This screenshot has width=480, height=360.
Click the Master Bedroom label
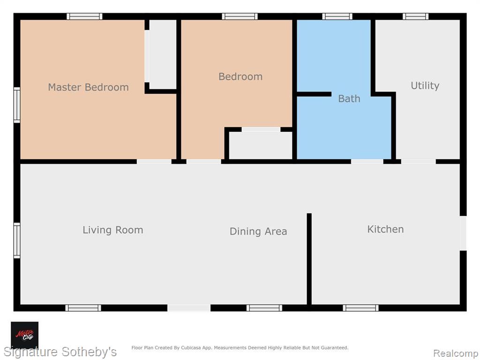(88, 87)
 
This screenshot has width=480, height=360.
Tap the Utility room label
(425, 86)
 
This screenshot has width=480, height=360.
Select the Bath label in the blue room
(349, 98)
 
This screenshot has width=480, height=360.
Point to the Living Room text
(112, 230)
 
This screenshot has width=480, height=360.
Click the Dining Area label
(258, 231)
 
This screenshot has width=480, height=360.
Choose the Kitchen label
(385, 229)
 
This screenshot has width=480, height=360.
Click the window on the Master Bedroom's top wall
(84, 16)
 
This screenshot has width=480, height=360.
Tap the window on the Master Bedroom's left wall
(17, 105)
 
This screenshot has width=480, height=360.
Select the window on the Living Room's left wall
(17, 240)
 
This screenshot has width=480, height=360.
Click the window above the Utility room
(415, 16)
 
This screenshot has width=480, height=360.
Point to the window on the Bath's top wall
(337, 16)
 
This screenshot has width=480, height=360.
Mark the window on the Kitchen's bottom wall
(360, 307)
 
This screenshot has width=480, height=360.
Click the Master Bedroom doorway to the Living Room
(154, 162)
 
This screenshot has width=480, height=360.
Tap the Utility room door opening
(419, 162)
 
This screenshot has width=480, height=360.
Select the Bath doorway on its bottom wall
(367, 162)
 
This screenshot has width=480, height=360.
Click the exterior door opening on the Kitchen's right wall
(463, 233)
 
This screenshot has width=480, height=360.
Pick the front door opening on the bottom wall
(189, 307)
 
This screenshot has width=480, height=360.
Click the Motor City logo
(24, 335)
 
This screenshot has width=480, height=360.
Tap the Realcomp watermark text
(456, 353)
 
